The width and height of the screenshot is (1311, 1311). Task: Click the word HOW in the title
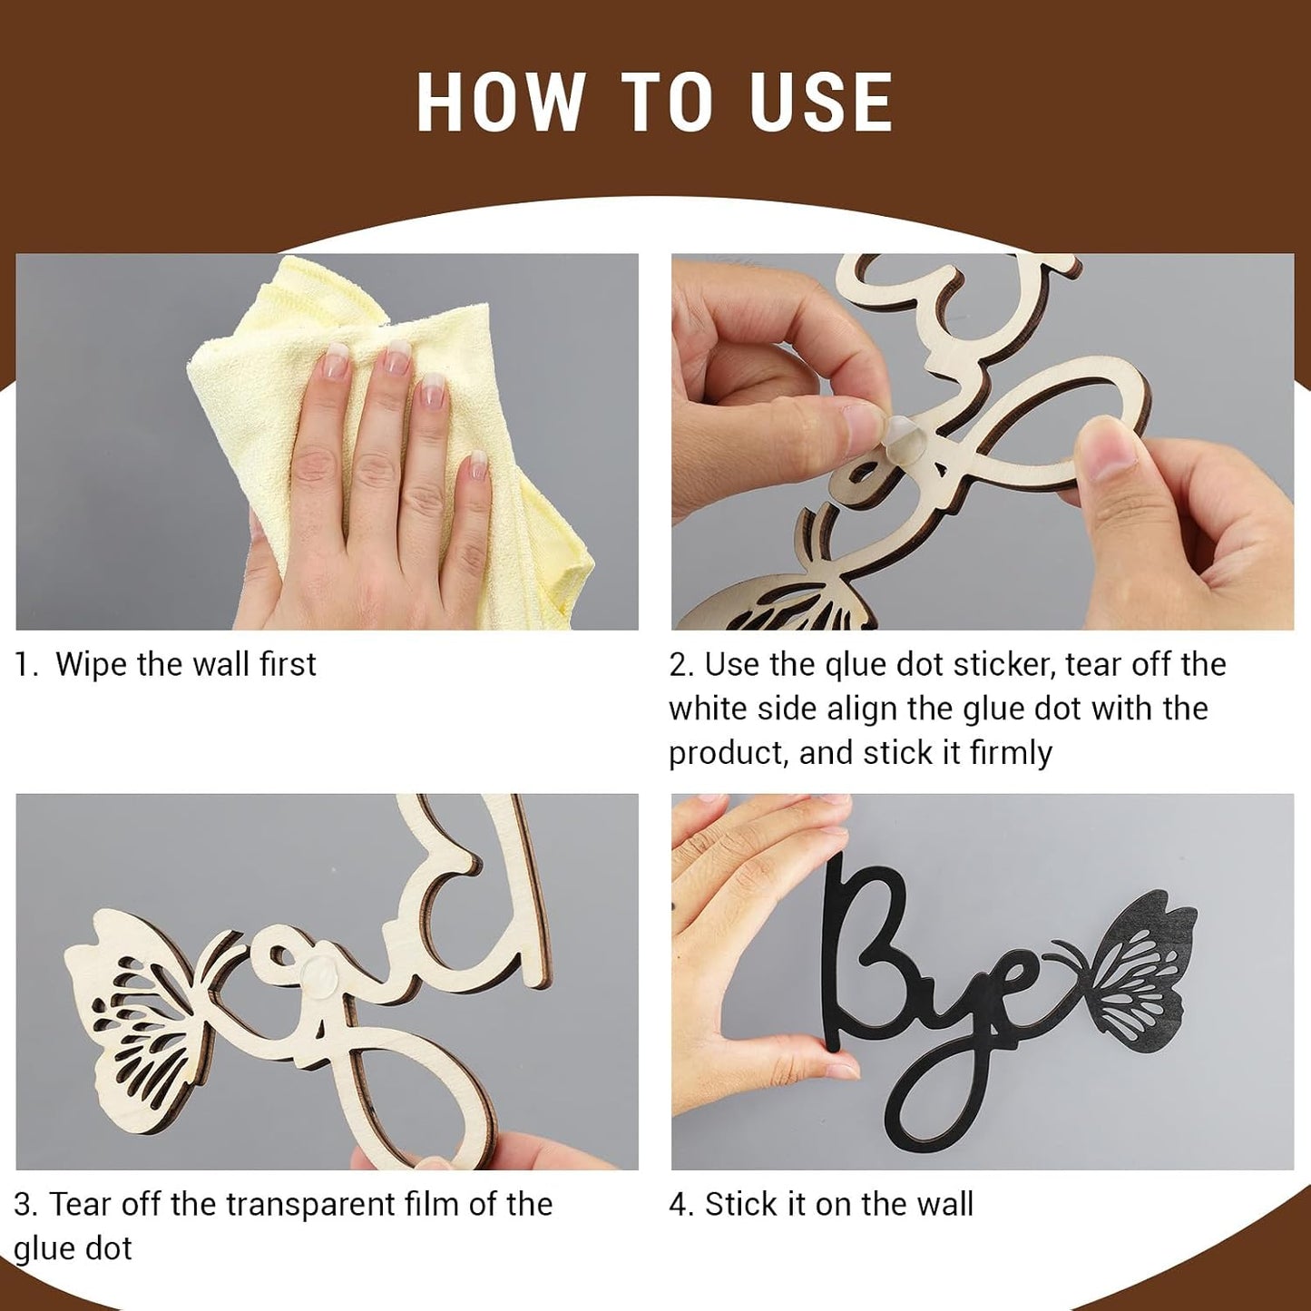click(x=501, y=102)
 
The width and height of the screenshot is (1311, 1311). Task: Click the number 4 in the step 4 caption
click(x=680, y=1205)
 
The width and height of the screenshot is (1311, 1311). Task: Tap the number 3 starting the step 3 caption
click(x=24, y=1205)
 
